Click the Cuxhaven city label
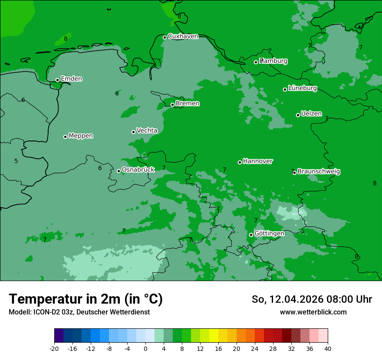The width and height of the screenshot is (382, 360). [183, 36]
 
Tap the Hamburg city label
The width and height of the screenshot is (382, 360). [273, 61]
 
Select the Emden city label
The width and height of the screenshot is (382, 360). [71, 79]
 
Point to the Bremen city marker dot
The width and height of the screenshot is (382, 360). [172, 105]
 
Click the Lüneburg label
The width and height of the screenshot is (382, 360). [302, 88]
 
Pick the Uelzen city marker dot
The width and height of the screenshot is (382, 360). [298, 115]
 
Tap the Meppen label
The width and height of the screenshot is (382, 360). [81, 136]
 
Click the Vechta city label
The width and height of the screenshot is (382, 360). [147, 131]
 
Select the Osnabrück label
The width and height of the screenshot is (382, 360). [138, 170]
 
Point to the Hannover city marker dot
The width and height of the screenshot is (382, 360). [240, 162]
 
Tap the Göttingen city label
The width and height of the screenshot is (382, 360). [269, 234]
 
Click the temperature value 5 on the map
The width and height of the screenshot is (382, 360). [16, 161]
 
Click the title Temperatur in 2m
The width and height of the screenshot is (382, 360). [86, 299]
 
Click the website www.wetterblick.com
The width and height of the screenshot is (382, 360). [313, 312]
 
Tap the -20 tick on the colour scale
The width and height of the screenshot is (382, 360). [54, 349]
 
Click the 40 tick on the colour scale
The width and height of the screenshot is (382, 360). [328, 349]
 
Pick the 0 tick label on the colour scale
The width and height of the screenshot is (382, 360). [145, 349]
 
